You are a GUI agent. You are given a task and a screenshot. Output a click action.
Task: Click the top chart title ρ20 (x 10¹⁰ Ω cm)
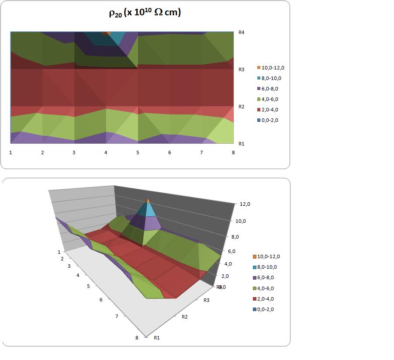click(145, 13)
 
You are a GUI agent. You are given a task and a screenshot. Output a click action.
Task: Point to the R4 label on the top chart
click(242, 32)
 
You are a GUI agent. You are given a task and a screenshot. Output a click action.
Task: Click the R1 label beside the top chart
click(242, 143)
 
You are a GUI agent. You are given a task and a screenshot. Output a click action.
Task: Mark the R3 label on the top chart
click(242, 69)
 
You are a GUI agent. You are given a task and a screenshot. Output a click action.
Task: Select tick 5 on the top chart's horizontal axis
click(138, 152)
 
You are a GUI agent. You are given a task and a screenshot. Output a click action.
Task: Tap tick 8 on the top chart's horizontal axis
click(233, 152)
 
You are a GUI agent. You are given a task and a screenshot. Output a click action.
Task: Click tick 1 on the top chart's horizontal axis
click(11, 152)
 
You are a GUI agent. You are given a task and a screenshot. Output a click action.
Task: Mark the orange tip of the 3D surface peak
click(148, 201)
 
